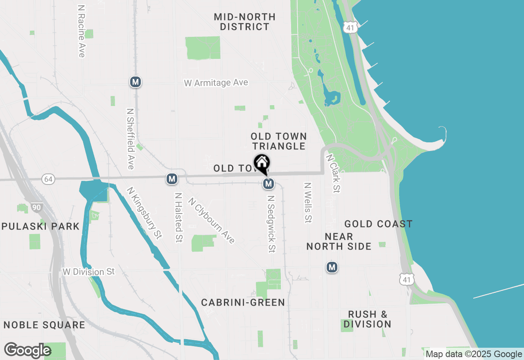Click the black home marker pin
262,163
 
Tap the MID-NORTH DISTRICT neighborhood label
245,22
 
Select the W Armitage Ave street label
216,83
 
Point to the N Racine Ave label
81,31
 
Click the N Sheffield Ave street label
131,139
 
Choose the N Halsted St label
178,217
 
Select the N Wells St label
308,202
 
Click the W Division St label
89,272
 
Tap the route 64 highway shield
48,179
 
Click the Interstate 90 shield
36,207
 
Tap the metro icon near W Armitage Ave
136,82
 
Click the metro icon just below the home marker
268,184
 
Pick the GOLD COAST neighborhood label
378,224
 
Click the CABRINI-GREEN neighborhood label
243,303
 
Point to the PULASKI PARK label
40,227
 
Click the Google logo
27,351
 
